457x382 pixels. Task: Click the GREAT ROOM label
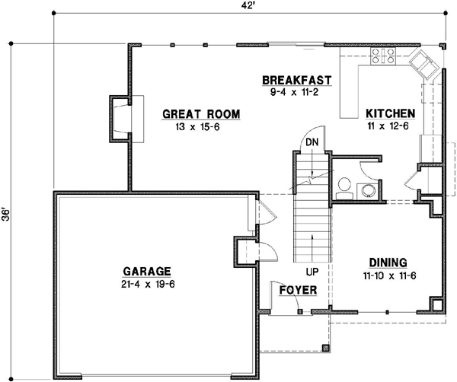[x=201, y=115]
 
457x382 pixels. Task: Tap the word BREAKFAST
[x=296, y=79]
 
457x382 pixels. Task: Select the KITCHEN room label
[x=388, y=113]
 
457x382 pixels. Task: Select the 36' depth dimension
[x=6, y=214]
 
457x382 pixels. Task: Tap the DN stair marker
[x=311, y=142]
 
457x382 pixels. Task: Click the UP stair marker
[x=311, y=271]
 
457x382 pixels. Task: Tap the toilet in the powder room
[x=344, y=185]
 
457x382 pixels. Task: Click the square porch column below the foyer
[x=326, y=348]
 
